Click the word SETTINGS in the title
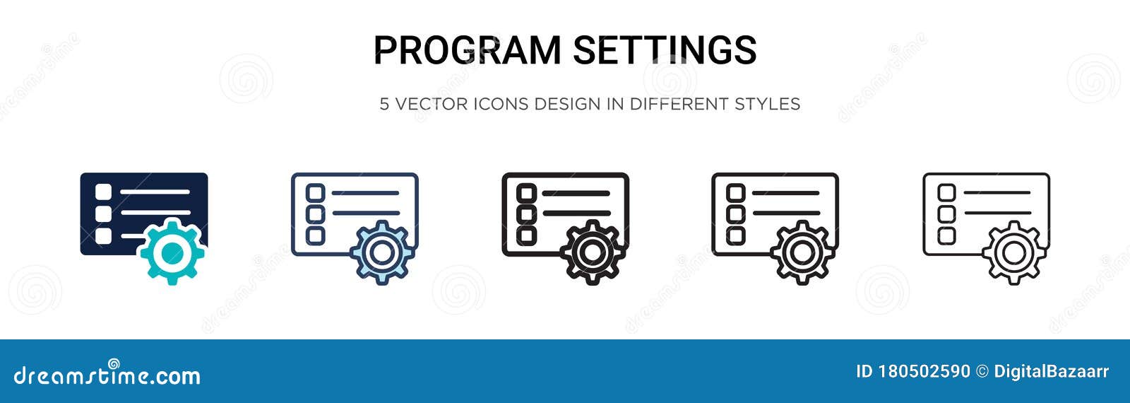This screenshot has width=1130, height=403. coord(665,50)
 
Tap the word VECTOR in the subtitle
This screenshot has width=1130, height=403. coord(432,104)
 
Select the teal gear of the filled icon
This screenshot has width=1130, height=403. coord(172,252)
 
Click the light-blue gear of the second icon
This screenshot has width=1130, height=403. coord(382,252)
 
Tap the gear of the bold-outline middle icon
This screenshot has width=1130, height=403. coord(593,252)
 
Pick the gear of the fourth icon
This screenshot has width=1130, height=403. coord(802,252)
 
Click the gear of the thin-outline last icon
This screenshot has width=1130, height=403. coord(1013,252)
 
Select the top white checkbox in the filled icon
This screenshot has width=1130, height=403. coord(104,192)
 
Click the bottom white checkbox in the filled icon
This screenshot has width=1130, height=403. coord(104,235)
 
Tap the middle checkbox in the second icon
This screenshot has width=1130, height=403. coord(315,214)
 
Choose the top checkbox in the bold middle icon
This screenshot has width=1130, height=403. coord(526,192)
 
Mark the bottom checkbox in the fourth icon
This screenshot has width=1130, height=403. coord(736,235)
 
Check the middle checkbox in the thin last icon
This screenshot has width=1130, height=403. coord(947,214)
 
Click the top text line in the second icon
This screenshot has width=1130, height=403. coord(365,192)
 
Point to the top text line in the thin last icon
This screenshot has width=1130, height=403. coord(997,192)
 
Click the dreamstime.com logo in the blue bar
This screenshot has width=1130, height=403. coord(107,375)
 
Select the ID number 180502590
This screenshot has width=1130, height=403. coord(924,372)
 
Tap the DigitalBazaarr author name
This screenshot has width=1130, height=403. coord(1051,372)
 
